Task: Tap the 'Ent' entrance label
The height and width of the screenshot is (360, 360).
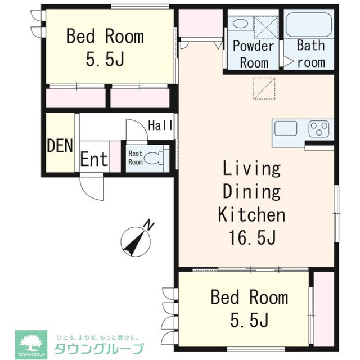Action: (x=93, y=159)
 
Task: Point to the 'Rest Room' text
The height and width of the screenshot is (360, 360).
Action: (x=136, y=157)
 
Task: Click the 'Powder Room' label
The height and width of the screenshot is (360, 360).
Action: (x=253, y=53)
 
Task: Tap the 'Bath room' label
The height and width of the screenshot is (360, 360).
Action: (x=311, y=53)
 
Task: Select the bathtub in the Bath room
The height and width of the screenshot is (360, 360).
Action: (x=310, y=25)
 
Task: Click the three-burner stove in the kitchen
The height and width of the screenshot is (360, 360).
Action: (x=319, y=129)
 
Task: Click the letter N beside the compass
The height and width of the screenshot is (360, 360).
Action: (x=148, y=226)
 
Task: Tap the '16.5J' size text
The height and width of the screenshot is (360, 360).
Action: (x=251, y=238)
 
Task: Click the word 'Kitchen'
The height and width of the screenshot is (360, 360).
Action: (x=251, y=214)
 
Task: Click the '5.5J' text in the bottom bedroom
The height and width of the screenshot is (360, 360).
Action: (x=249, y=320)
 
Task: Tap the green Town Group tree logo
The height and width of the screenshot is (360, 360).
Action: (x=31, y=341)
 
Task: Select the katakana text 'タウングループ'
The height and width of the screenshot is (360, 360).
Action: (x=98, y=348)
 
